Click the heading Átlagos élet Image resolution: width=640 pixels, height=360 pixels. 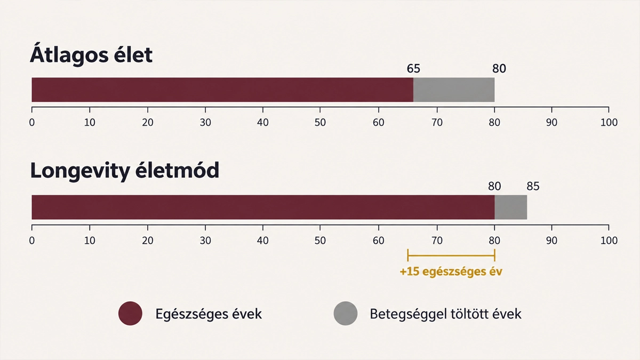91,54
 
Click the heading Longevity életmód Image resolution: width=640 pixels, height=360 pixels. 125,171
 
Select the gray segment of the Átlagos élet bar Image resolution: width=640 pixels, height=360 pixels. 454,90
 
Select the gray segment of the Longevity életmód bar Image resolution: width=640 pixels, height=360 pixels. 511,207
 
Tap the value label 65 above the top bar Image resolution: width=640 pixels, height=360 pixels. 413,69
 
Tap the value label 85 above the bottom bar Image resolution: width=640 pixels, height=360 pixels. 533,186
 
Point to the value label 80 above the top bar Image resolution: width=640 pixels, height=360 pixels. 499,69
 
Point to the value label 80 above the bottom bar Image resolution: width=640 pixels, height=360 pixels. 494,186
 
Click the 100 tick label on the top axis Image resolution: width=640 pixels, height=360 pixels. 609,123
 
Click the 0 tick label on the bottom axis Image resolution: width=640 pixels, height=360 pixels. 31,241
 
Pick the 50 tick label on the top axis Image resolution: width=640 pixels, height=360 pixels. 320,123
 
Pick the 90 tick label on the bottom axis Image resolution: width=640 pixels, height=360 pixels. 551,241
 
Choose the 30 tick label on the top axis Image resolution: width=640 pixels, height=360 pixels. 205,123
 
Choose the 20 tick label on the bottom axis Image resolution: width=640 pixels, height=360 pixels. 147,241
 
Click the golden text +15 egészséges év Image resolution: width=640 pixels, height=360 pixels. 451,271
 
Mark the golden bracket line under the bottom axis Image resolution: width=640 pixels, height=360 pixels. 451,255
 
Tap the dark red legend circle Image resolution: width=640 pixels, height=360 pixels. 130,314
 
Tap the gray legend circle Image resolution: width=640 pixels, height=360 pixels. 346,314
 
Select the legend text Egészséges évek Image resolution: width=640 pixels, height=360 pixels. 209,314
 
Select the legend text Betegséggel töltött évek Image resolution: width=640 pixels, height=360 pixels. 445,314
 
